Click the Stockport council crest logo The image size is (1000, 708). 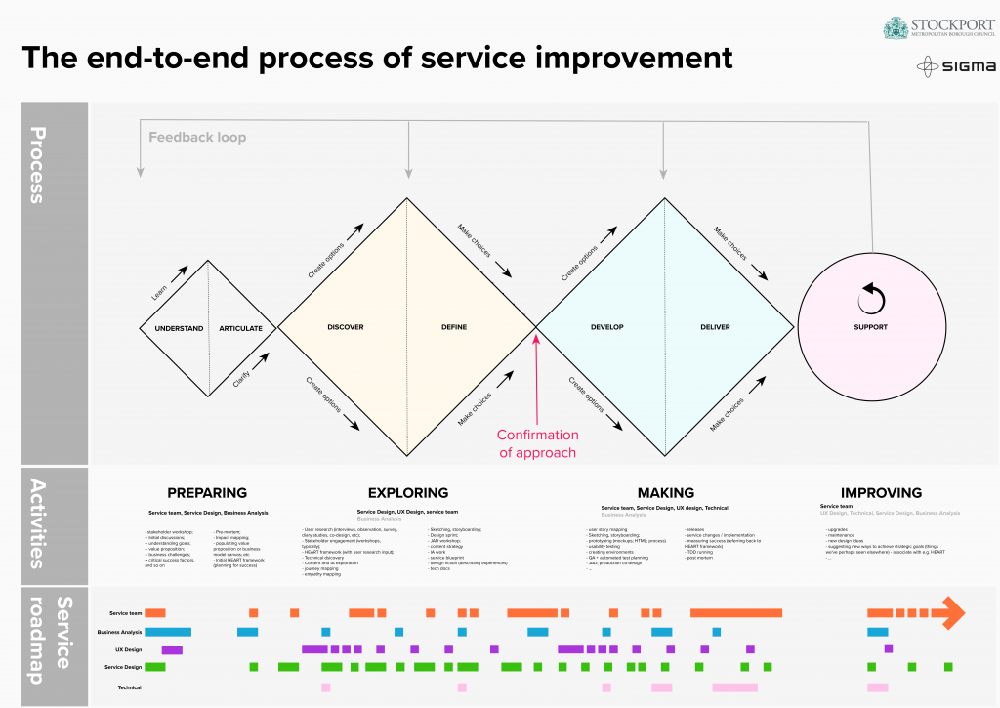[x=896, y=28]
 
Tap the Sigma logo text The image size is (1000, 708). [x=969, y=67]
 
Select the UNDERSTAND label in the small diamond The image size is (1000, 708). [x=179, y=328]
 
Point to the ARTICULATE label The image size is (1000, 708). [x=240, y=328]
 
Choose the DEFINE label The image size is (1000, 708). [x=454, y=327]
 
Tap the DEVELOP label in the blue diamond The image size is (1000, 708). [x=606, y=327]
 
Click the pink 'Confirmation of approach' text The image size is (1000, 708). [x=538, y=443]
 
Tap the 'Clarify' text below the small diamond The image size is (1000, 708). [x=241, y=379]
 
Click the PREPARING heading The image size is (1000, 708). [x=207, y=493]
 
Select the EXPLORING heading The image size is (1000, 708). [x=407, y=493]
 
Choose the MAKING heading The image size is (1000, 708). [x=665, y=493]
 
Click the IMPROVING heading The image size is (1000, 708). [x=881, y=493]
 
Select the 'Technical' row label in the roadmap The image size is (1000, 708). [x=129, y=687]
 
